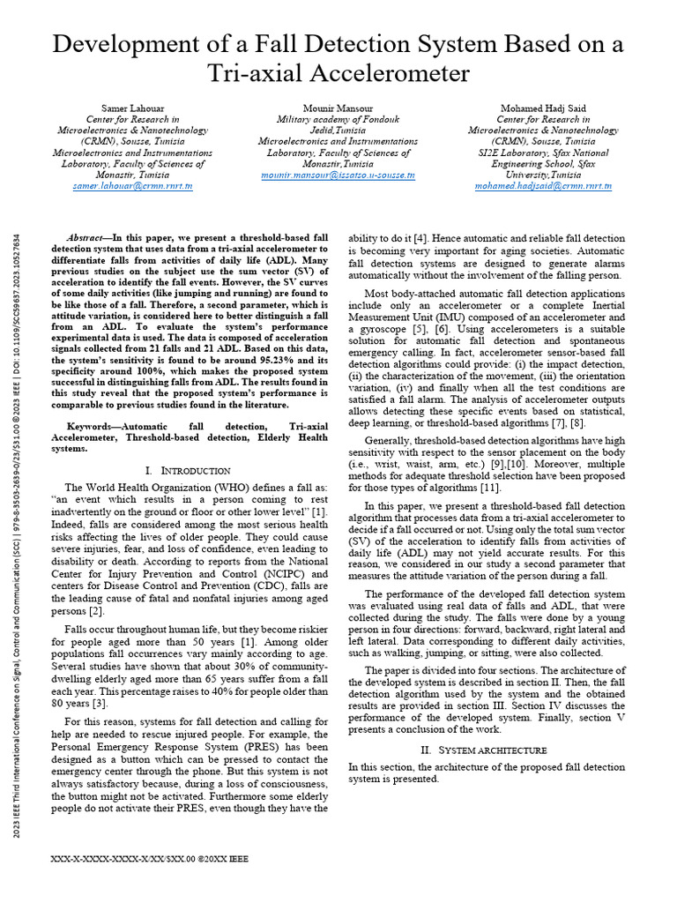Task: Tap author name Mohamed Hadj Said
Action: pyautogui.click(x=544, y=108)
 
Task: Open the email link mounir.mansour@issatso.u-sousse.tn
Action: pyautogui.click(x=338, y=175)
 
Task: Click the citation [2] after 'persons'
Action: pyautogui.click(x=98, y=611)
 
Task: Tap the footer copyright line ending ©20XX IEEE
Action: pyautogui.click(x=150, y=857)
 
